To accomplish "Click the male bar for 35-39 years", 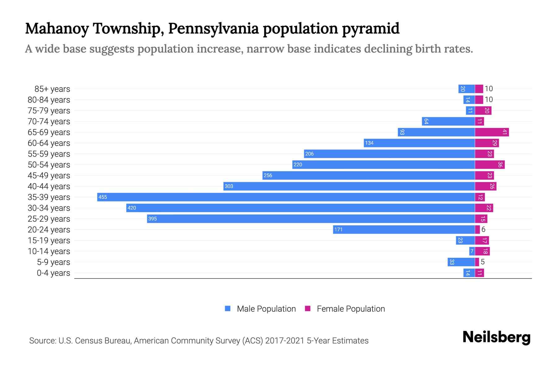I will pos(286,197).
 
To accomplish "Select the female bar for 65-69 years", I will pos(492,132).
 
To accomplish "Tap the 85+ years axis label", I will pos(52,89).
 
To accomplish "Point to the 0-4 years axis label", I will pos(53,273).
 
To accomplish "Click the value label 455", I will pos(103,197).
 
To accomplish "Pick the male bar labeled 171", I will pos(404,230).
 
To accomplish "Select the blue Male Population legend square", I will pos(228,309).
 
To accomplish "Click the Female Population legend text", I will pos(351,309).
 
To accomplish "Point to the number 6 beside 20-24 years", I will pos(483,230).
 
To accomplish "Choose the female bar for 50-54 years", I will pos(490,165).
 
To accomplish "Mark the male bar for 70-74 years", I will pos(448,122).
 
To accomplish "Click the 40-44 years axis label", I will pos(49,186).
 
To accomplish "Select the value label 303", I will pos(229,186).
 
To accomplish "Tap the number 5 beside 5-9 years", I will pos(483,262).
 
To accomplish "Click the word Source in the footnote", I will pos(42,341).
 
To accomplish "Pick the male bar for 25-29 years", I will pos(311,219).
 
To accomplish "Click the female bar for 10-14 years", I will pos(482,251).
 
